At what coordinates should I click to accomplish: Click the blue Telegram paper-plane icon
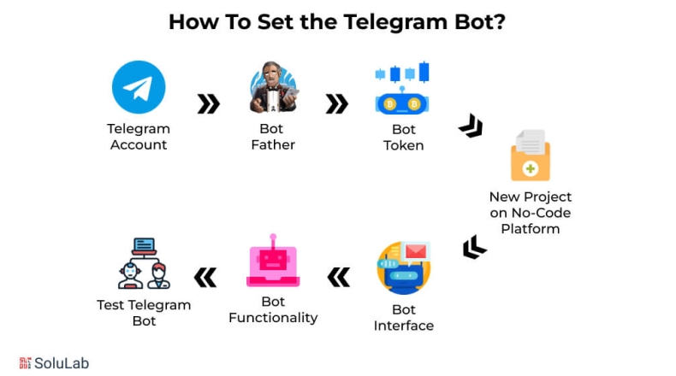(139, 87)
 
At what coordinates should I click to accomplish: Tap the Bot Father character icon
(273, 87)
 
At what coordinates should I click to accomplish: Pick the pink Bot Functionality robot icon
(272, 261)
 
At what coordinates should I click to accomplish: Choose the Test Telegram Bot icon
(144, 263)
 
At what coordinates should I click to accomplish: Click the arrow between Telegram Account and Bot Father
(208, 104)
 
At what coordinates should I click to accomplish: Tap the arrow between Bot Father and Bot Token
(337, 104)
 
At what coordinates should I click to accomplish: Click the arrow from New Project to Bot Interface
(474, 248)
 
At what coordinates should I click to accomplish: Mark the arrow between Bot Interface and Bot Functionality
(339, 277)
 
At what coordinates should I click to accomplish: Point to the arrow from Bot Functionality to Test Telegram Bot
(205, 277)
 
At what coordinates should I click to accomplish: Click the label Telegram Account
(139, 137)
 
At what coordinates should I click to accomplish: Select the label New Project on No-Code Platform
(531, 213)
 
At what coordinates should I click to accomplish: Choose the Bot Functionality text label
(273, 309)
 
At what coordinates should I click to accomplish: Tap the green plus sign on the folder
(531, 168)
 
